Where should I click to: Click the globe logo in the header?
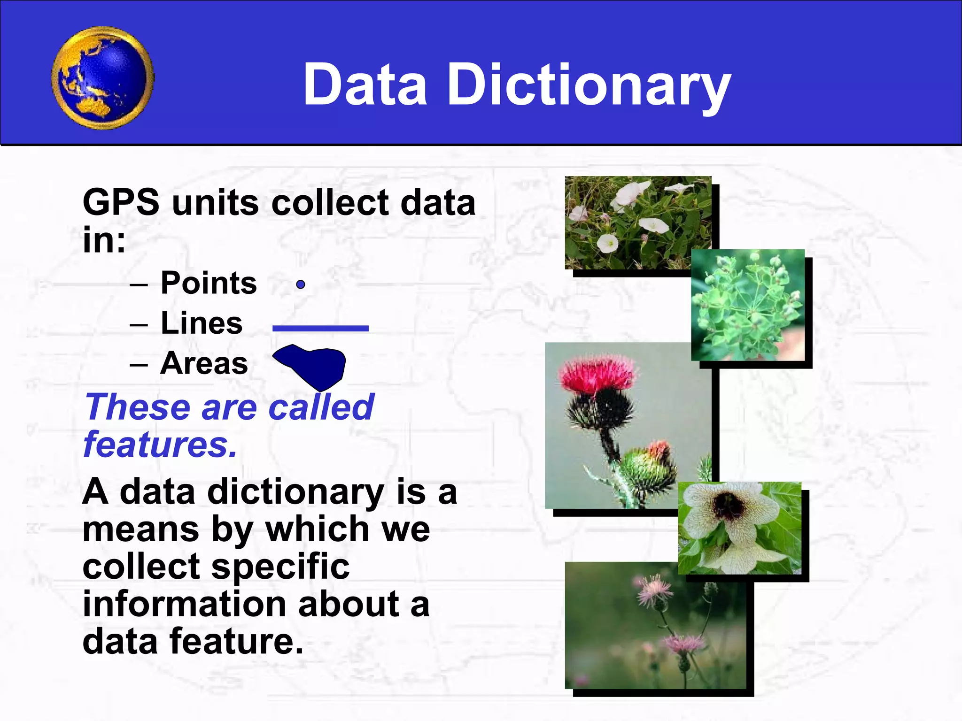[x=102, y=78]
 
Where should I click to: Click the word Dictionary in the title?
[x=589, y=85]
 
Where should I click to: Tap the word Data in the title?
[x=365, y=85]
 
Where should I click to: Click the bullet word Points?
[x=209, y=283]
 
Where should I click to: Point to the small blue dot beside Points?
[x=301, y=284]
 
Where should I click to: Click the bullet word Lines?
[x=202, y=323]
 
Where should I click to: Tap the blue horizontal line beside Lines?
[x=320, y=329]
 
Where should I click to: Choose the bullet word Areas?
[x=204, y=364]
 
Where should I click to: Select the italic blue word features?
[x=160, y=445]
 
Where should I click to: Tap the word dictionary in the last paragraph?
[x=295, y=492]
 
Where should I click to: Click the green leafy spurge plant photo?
[x=748, y=305]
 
